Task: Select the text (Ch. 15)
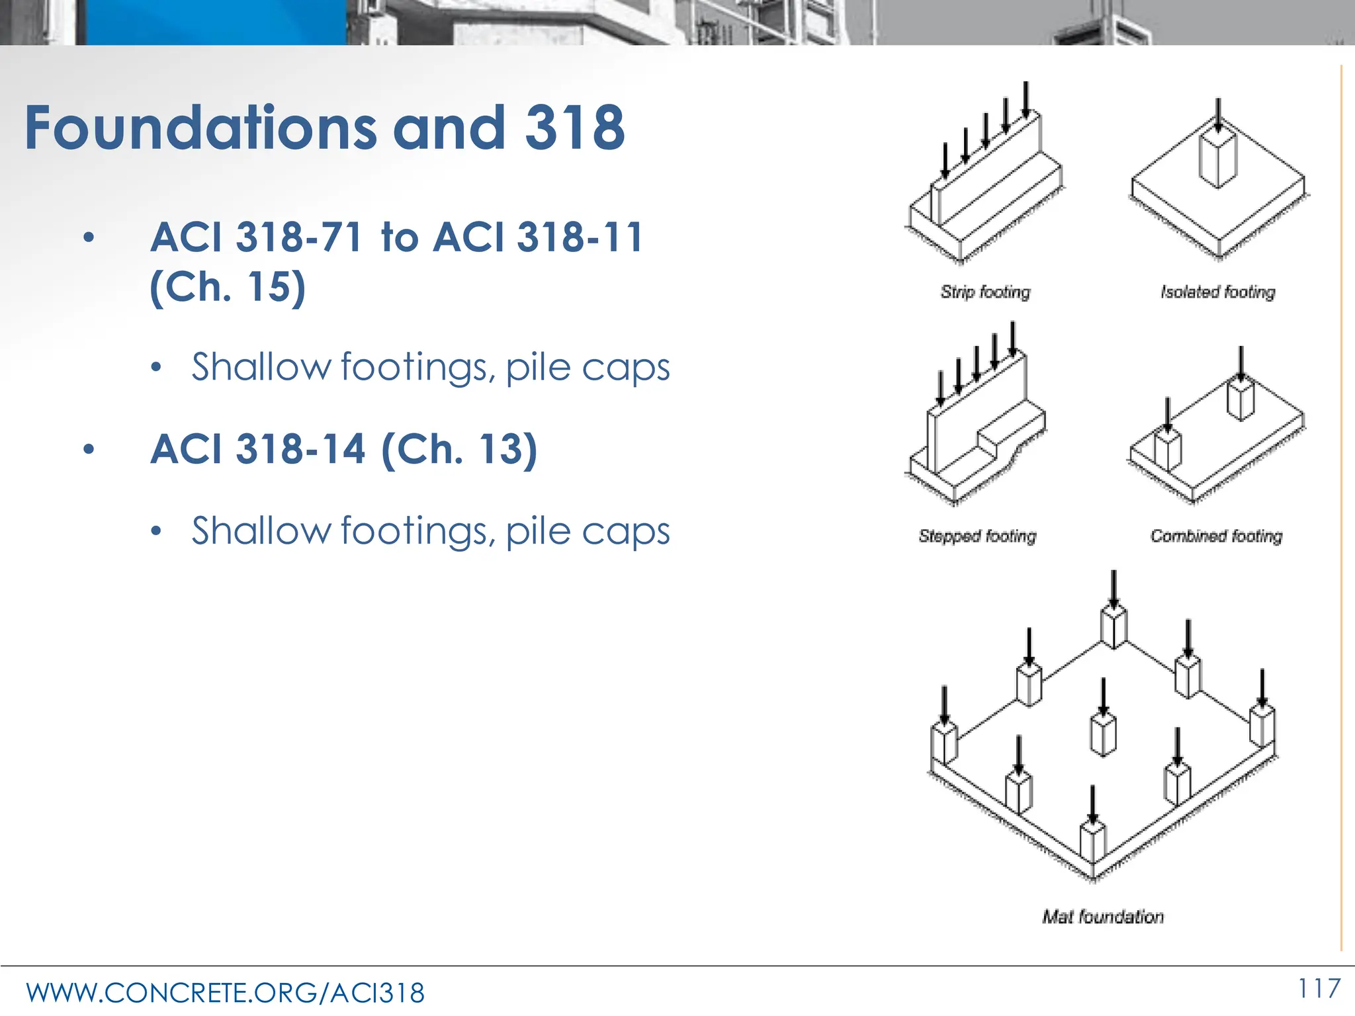[228, 286]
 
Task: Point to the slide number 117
[1319, 989]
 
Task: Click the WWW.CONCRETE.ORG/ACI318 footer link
[225, 993]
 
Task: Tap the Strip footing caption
[985, 292]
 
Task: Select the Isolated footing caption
[1217, 292]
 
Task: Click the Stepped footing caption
[977, 536]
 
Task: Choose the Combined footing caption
[1216, 536]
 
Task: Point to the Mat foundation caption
[1103, 917]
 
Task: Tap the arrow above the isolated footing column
[1218, 115]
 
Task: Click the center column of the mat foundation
[1103, 734]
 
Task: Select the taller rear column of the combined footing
[1241, 399]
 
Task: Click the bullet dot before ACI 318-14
[89, 450]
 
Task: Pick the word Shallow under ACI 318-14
[261, 531]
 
